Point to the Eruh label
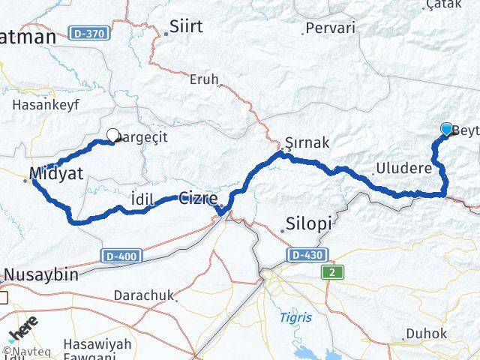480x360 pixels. pos(204,79)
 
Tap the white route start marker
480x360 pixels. pos(113,136)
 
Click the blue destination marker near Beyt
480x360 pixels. pos(447,129)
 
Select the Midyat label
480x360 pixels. pos(56,174)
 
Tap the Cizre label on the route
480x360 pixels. pos(198,199)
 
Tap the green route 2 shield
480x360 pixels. pos(331,273)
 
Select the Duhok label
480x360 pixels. pos(425,333)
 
